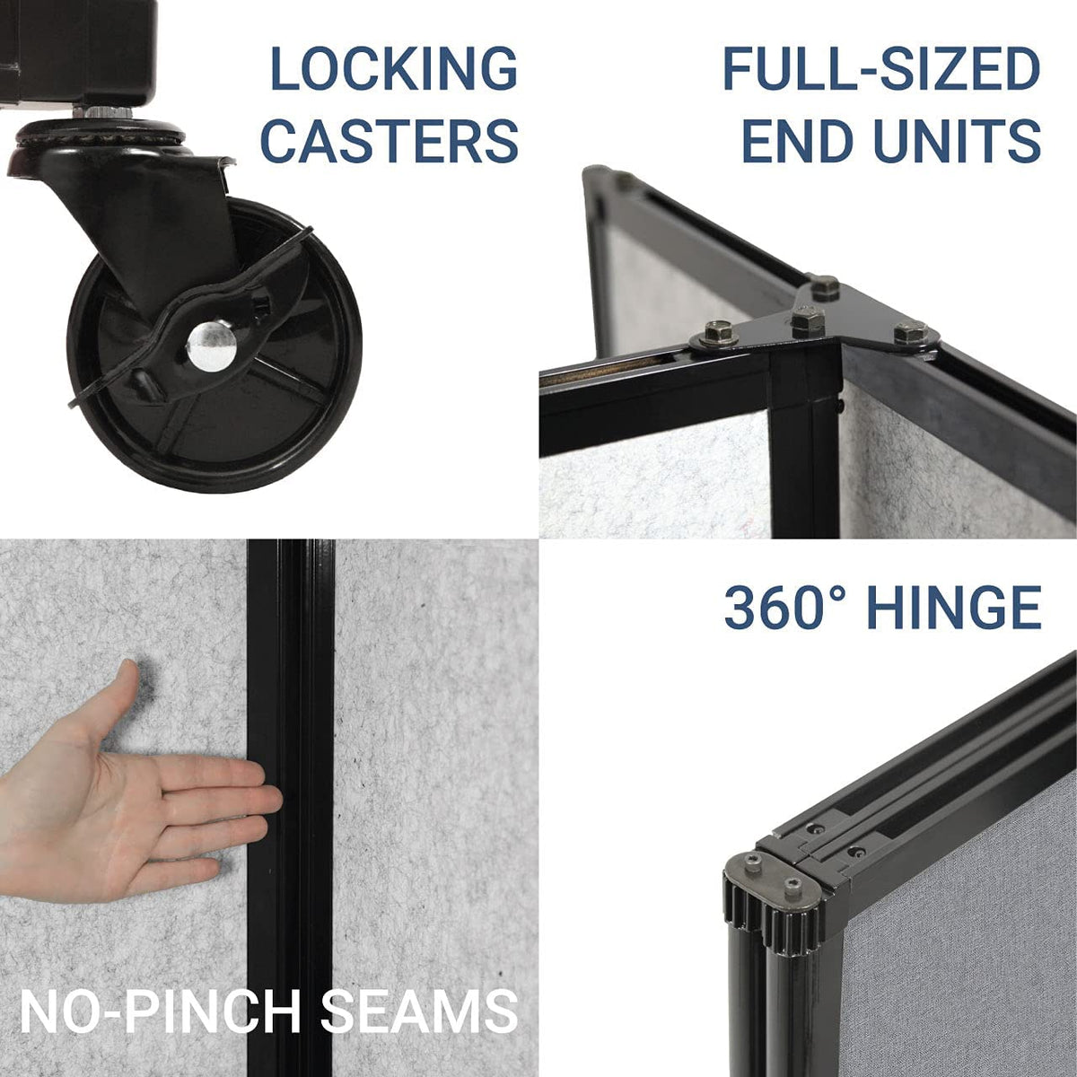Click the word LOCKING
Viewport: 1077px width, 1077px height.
pyautogui.click(x=393, y=69)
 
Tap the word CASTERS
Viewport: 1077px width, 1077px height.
pyautogui.click(x=390, y=141)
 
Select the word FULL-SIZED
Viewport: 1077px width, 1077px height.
pyautogui.click(x=881, y=69)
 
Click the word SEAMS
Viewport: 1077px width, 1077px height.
pyautogui.click(x=419, y=1011)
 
